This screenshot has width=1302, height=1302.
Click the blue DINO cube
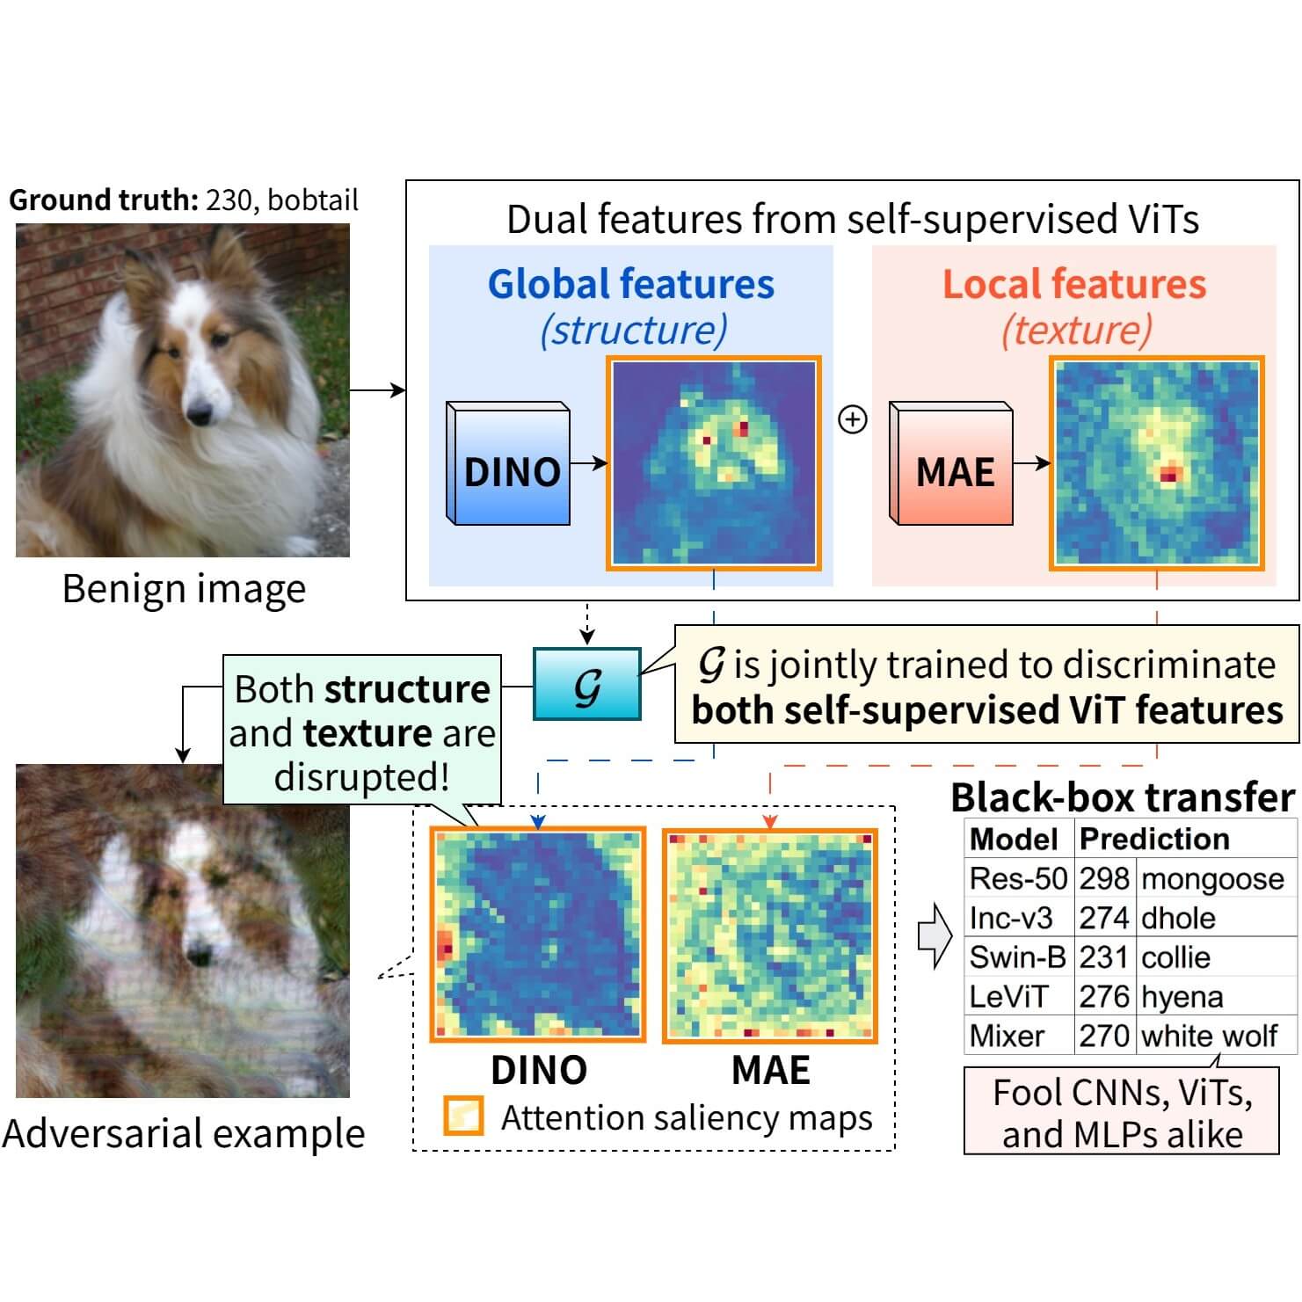[509, 465]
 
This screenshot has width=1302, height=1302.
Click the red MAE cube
[952, 465]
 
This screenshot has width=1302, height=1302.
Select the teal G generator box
[586, 684]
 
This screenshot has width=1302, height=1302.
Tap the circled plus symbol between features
[853, 419]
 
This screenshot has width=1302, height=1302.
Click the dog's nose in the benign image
[200, 411]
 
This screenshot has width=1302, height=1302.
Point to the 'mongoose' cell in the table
[1213, 878]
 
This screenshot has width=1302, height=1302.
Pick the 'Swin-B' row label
[1017, 957]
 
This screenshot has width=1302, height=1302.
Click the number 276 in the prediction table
[1103, 997]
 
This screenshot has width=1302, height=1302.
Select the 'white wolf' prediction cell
[1209, 1036]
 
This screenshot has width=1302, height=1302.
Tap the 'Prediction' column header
[1153, 839]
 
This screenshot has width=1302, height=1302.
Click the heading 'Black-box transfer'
[1123, 797]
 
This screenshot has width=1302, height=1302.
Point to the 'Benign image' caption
[184, 588]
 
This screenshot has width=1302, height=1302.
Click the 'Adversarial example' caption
[184, 1133]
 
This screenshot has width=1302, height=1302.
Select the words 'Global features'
[631, 284]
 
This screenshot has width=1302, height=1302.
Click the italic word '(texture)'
[1075, 330]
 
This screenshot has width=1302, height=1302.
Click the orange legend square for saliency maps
[463, 1116]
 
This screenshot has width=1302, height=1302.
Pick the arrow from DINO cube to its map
[588, 463]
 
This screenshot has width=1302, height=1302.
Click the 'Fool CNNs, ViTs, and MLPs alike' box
[1122, 1111]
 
